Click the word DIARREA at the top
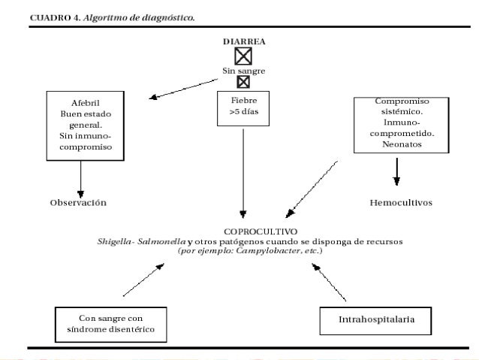[243, 43]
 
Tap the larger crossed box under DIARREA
[243, 56]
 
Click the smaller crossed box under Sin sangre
[243, 82]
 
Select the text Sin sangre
[243, 70]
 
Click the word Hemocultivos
[400, 204]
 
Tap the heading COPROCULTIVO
[250, 231]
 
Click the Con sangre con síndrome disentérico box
[110, 323]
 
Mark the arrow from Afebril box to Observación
[80, 178]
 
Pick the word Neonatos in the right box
[396, 144]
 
